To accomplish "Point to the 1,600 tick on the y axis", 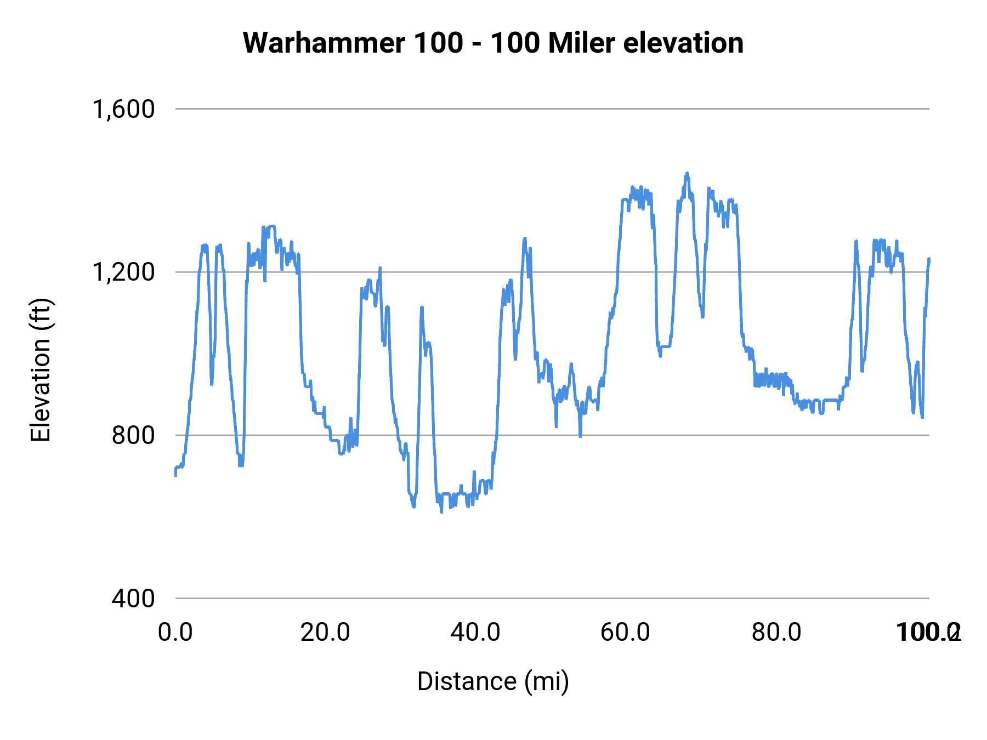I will point(123,109).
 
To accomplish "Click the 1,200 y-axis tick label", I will point(123,272).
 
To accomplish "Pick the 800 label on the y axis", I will point(133,435).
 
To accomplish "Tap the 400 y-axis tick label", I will point(133,598).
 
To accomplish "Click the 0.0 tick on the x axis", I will point(175,633).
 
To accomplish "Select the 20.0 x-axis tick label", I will point(325,633).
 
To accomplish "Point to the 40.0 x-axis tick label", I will point(475,633).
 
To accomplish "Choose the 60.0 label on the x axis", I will point(626,633).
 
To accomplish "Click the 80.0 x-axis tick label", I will point(776,633).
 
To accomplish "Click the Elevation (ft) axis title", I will point(41,370).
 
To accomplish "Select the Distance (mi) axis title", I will point(493,681).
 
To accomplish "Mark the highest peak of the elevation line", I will point(687,173).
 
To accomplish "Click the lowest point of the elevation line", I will point(441,512).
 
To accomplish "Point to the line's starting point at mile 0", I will point(175,475).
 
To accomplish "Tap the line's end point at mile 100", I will point(929,258).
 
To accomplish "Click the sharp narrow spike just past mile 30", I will point(422,308).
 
